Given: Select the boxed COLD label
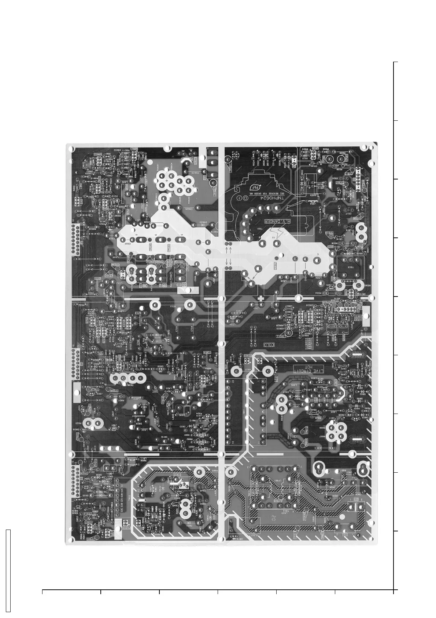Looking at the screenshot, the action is (x=269, y=345).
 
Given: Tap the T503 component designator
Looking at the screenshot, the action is (x=351, y=268).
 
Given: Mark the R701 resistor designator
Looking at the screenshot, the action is (x=172, y=306).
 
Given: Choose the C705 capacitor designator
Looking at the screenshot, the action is (x=177, y=329).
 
